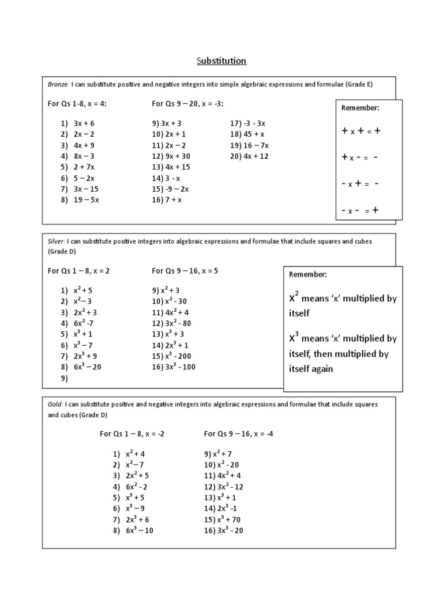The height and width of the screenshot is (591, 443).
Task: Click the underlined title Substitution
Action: [221, 61]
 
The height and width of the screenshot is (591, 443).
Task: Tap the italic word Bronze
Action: [58, 84]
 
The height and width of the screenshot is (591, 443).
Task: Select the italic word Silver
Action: [56, 241]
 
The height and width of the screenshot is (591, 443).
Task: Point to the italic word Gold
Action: [55, 405]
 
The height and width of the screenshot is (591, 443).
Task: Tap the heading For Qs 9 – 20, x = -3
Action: [187, 104]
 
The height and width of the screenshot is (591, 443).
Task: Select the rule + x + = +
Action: [361, 131]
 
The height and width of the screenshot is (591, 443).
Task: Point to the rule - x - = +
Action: [361, 211]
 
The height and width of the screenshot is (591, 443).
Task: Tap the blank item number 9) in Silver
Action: [63, 379]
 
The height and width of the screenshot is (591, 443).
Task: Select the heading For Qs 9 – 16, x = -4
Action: [238, 433]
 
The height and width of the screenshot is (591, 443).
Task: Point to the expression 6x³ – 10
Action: [139, 530]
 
